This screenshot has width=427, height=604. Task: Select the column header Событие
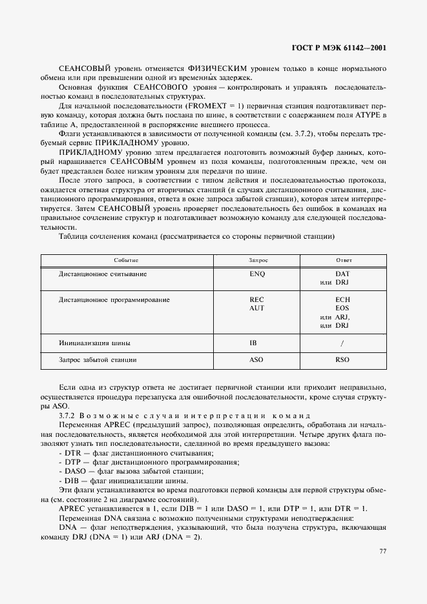(126, 259)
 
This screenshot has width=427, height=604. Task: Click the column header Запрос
(258, 259)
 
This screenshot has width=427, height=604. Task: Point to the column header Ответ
(343, 259)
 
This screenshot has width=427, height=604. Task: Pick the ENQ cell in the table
(257, 274)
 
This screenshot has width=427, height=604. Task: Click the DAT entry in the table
(342, 274)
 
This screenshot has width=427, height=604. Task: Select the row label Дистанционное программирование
(105, 300)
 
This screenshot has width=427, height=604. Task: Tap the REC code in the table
(257, 300)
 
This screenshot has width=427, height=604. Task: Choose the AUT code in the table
(257, 308)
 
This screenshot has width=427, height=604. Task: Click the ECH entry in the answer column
(342, 300)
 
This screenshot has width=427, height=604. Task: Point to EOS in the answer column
(342, 308)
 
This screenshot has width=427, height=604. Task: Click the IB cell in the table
(254, 343)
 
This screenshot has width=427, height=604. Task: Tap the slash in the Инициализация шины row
(342, 343)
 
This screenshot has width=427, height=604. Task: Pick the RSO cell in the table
(342, 359)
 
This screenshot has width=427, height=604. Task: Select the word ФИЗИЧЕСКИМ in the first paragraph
(218, 68)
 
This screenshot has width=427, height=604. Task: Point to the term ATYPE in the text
(370, 115)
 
